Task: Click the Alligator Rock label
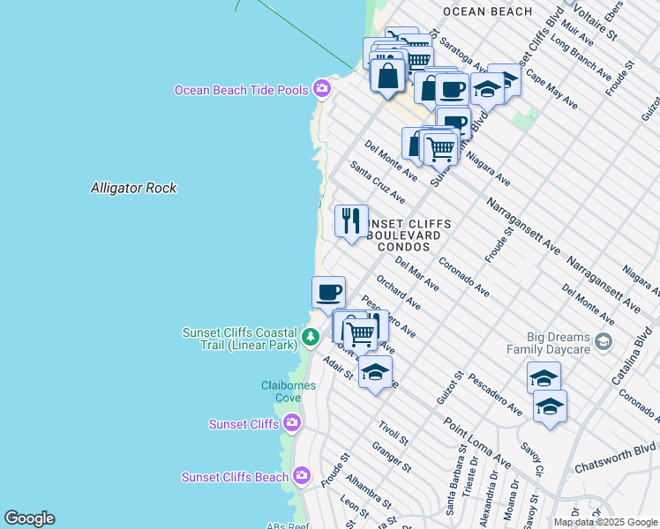pyautogui.click(x=133, y=188)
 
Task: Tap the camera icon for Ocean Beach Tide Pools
pyautogui.click(x=322, y=89)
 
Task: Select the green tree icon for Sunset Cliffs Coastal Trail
pyautogui.click(x=310, y=337)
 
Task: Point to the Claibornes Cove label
pyautogui.click(x=282, y=391)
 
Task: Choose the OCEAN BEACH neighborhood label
pyautogui.click(x=487, y=11)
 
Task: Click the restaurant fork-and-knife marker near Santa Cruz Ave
pyautogui.click(x=351, y=220)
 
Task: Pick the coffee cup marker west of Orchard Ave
pyautogui.click(x=328, y=292)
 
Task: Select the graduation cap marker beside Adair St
pyautogui.click(x=375, y=371)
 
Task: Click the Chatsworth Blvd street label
pyautogui.click(x=616, y=458)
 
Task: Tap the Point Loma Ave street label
pyautogui.click(x=477, y=443)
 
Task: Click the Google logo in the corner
pyautogui.click(x=29, y=518)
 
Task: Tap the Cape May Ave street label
pyautogui.click(x=551, y=90)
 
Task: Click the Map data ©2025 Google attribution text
pyautogui.click(x=604, y=522)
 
